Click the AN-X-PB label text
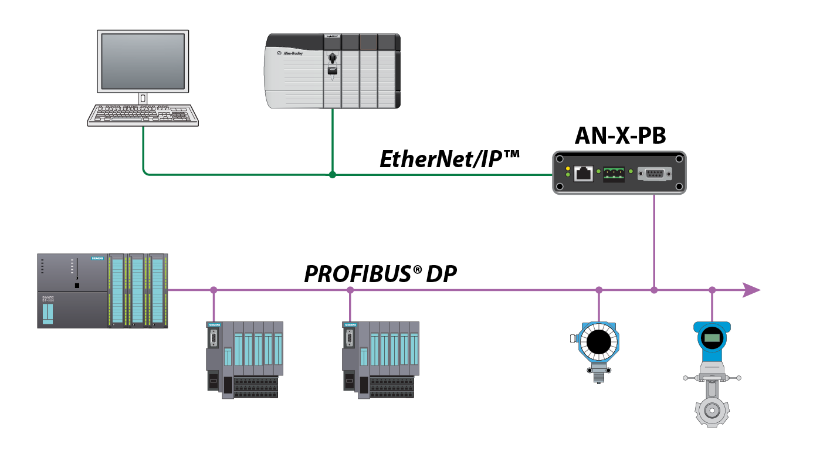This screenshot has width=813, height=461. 619,136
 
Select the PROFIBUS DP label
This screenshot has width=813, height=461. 380,274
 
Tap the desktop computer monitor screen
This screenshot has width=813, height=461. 143,61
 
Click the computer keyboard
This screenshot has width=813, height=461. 143,115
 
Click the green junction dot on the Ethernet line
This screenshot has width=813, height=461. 332,174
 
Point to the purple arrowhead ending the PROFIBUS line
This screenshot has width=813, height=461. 751,290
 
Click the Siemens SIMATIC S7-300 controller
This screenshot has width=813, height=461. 103,290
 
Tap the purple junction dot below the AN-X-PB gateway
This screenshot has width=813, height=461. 654,290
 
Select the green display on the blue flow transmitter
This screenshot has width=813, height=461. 712,338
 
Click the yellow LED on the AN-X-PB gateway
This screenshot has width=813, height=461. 567,169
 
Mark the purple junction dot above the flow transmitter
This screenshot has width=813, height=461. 712,290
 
